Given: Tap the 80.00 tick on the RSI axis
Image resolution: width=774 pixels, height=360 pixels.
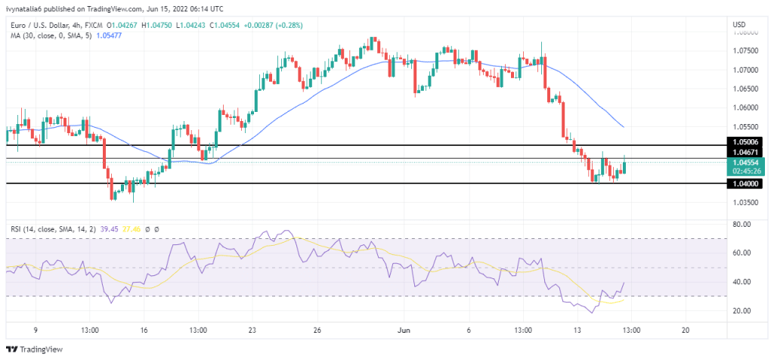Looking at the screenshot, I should pos(741,225).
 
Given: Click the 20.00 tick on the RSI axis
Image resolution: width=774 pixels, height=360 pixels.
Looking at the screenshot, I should pos(741,311).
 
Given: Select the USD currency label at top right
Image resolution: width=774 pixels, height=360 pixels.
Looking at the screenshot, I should pos(739,25).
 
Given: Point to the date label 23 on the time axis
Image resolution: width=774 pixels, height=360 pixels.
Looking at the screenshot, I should pos(253,330).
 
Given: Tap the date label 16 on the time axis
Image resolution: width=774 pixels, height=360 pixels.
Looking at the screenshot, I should pos(144,330).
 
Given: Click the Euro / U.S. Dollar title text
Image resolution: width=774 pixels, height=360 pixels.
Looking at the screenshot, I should pos(39,25).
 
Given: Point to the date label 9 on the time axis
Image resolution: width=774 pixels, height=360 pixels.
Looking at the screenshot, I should pos(36,330).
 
